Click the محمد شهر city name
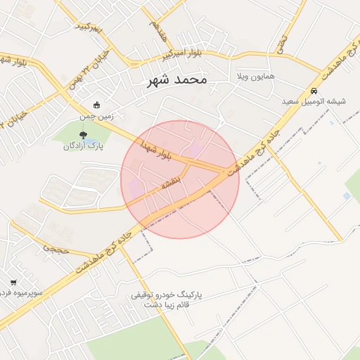(x=177, y=79)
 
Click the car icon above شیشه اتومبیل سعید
(x=314, y=91)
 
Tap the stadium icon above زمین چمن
(x=96, y=105)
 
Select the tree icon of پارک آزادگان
(x=84, y=135)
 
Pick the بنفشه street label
(x=172, y=184)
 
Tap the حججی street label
(x=55, y=247)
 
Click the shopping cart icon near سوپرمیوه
(x=13, y=283)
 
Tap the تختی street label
(x=281, y=42)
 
